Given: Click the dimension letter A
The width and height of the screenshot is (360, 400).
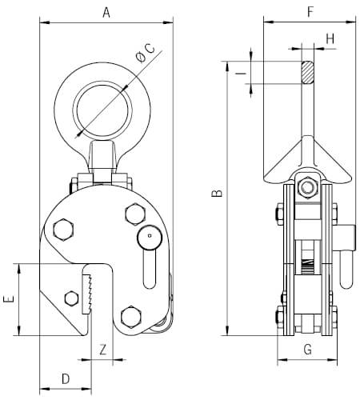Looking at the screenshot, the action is coord(106,13).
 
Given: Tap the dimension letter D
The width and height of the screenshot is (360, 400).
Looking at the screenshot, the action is coord(66,379).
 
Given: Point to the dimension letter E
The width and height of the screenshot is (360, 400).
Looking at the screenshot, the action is coord(8,298).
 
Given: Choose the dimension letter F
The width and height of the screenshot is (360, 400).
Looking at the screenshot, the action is coord(310,12).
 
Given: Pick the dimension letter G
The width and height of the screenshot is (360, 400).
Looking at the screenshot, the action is coord(308,350).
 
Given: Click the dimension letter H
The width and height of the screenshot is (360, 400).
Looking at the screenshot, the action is coord(330,39).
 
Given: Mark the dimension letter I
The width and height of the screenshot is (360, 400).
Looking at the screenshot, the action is coord(242,73).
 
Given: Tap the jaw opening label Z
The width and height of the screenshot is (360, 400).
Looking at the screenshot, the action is coord(103,350).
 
